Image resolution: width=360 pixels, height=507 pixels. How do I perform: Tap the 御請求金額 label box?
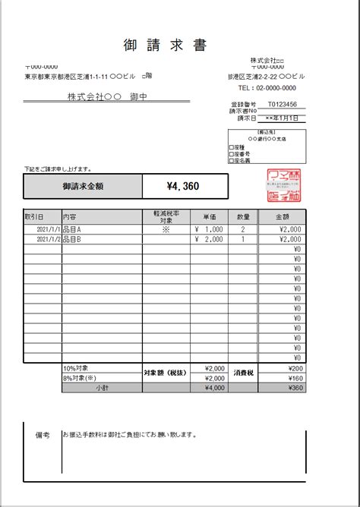click(84, 186)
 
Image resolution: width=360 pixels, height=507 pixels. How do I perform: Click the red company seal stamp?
click(284, 185)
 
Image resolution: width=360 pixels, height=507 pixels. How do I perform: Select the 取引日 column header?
click(35, 217)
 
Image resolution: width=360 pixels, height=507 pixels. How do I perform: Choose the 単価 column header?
click(206, 217)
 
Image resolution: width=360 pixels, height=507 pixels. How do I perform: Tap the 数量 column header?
click(242, 217)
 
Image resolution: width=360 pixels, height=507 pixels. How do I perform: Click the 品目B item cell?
click(74, 238)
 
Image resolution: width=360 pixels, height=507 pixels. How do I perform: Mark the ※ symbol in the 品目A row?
click(166, 228)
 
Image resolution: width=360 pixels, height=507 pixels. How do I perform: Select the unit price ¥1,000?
click(209, 228)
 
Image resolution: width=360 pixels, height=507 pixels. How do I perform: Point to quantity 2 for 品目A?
click(242, 228)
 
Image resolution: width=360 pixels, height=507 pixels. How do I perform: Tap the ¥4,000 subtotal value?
click(215, 387)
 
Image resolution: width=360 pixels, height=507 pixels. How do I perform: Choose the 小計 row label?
click(102, 387)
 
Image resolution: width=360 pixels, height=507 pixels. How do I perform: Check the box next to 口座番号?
click(231, 153)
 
